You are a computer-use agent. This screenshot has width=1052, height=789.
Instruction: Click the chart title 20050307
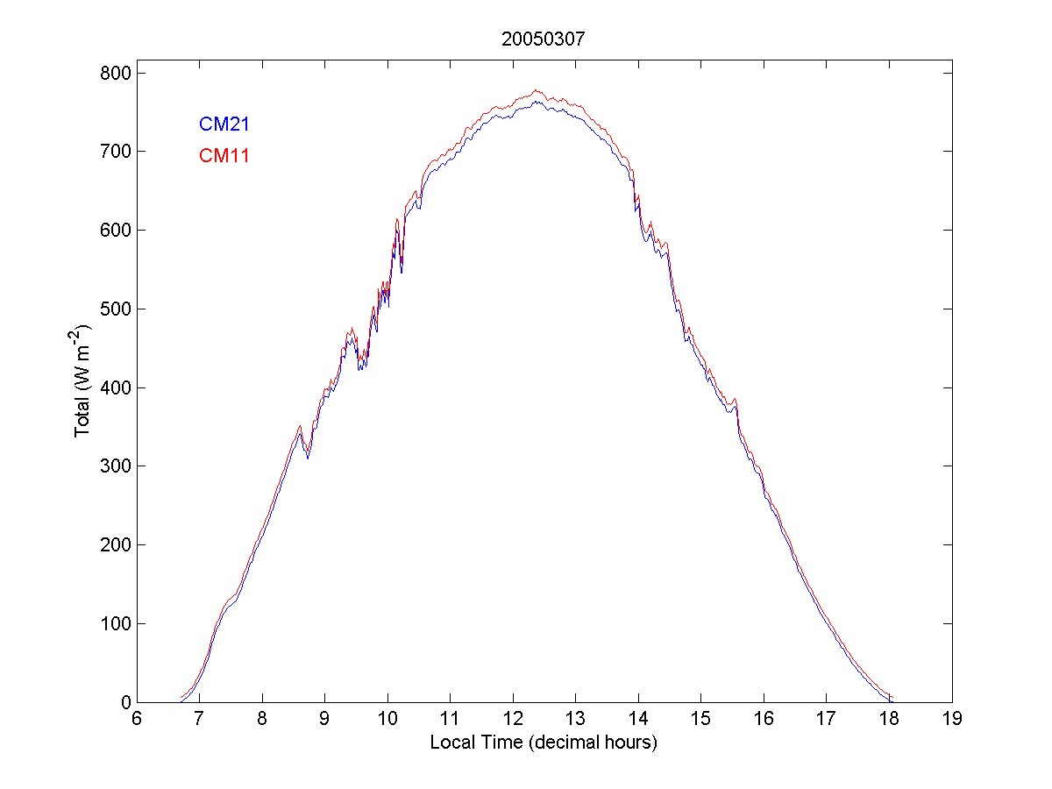click(544, 39)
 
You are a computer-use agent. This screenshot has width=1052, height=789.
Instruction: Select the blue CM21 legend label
click(224, 124)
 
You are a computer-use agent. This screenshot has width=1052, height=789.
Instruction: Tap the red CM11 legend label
click(224, 157)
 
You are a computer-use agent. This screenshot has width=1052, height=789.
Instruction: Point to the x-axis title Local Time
click(544, 743)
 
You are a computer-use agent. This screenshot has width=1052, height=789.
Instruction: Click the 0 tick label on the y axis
click(124, 702)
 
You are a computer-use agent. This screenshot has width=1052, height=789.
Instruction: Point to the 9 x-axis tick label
click(325, 719)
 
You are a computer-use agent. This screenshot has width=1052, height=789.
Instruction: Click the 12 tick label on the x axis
click(513, 719)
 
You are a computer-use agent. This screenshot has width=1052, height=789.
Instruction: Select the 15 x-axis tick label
click(701, 719)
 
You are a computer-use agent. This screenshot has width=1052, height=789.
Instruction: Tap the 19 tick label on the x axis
click(952, 719)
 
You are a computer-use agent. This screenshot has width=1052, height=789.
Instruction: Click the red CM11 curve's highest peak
click(536, 90)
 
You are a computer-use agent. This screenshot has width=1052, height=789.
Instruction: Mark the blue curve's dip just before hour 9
click(308, 458)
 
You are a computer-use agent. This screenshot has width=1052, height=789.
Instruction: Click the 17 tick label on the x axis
click(827, 719)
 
